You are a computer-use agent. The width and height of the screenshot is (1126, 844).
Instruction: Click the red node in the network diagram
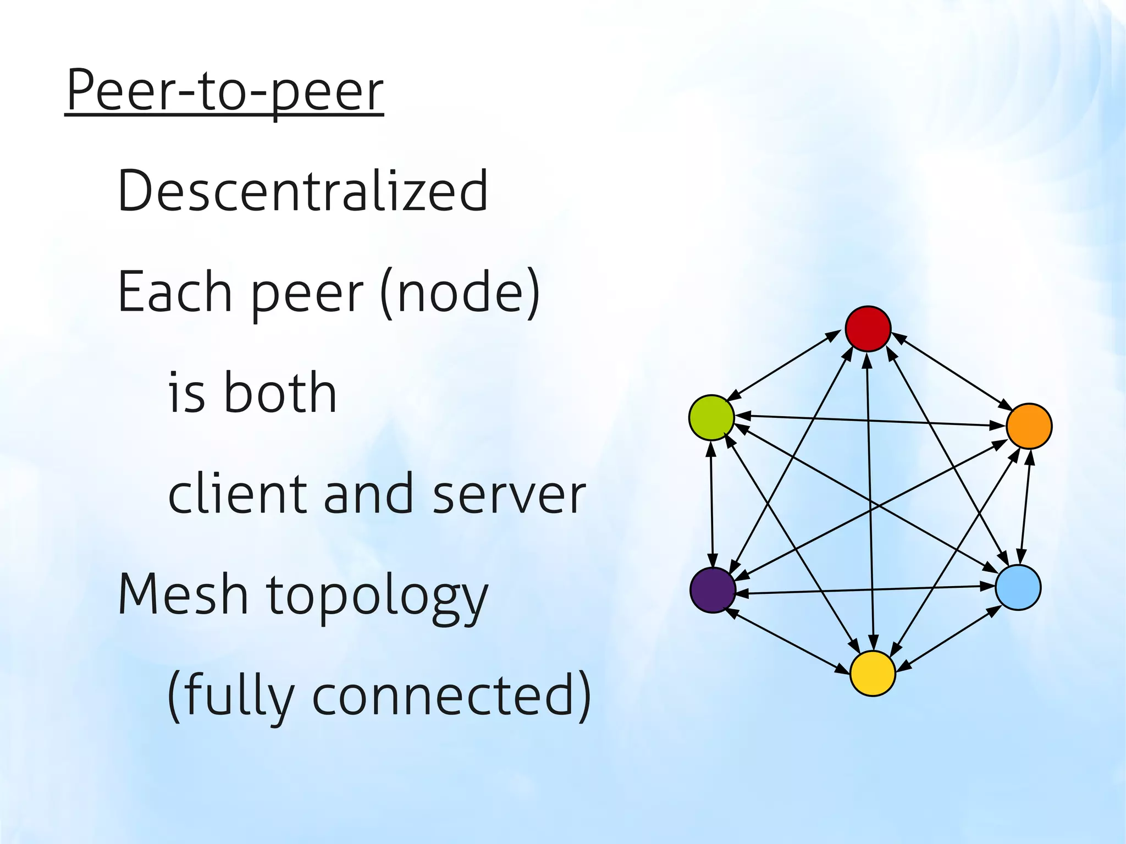[868, 329]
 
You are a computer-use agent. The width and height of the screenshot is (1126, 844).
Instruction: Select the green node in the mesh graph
[711, 417]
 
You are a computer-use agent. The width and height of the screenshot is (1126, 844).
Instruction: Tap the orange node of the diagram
[1029, 426]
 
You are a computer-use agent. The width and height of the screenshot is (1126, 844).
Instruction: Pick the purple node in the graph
[713, 590]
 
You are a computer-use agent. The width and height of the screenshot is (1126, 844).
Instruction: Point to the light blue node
[1018, 587]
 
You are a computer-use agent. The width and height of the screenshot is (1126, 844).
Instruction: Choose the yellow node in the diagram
[873, 674]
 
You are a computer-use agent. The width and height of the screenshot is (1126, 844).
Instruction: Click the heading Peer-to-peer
[224, 91]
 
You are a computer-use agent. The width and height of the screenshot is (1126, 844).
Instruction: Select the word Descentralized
[302, 191]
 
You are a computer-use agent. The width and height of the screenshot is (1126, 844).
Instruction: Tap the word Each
[175, 292]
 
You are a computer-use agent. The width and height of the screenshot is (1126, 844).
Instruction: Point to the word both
[280, 393]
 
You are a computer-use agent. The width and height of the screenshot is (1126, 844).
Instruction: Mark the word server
[509, 495]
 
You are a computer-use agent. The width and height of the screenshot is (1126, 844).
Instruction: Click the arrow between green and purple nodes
[713, 504]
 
